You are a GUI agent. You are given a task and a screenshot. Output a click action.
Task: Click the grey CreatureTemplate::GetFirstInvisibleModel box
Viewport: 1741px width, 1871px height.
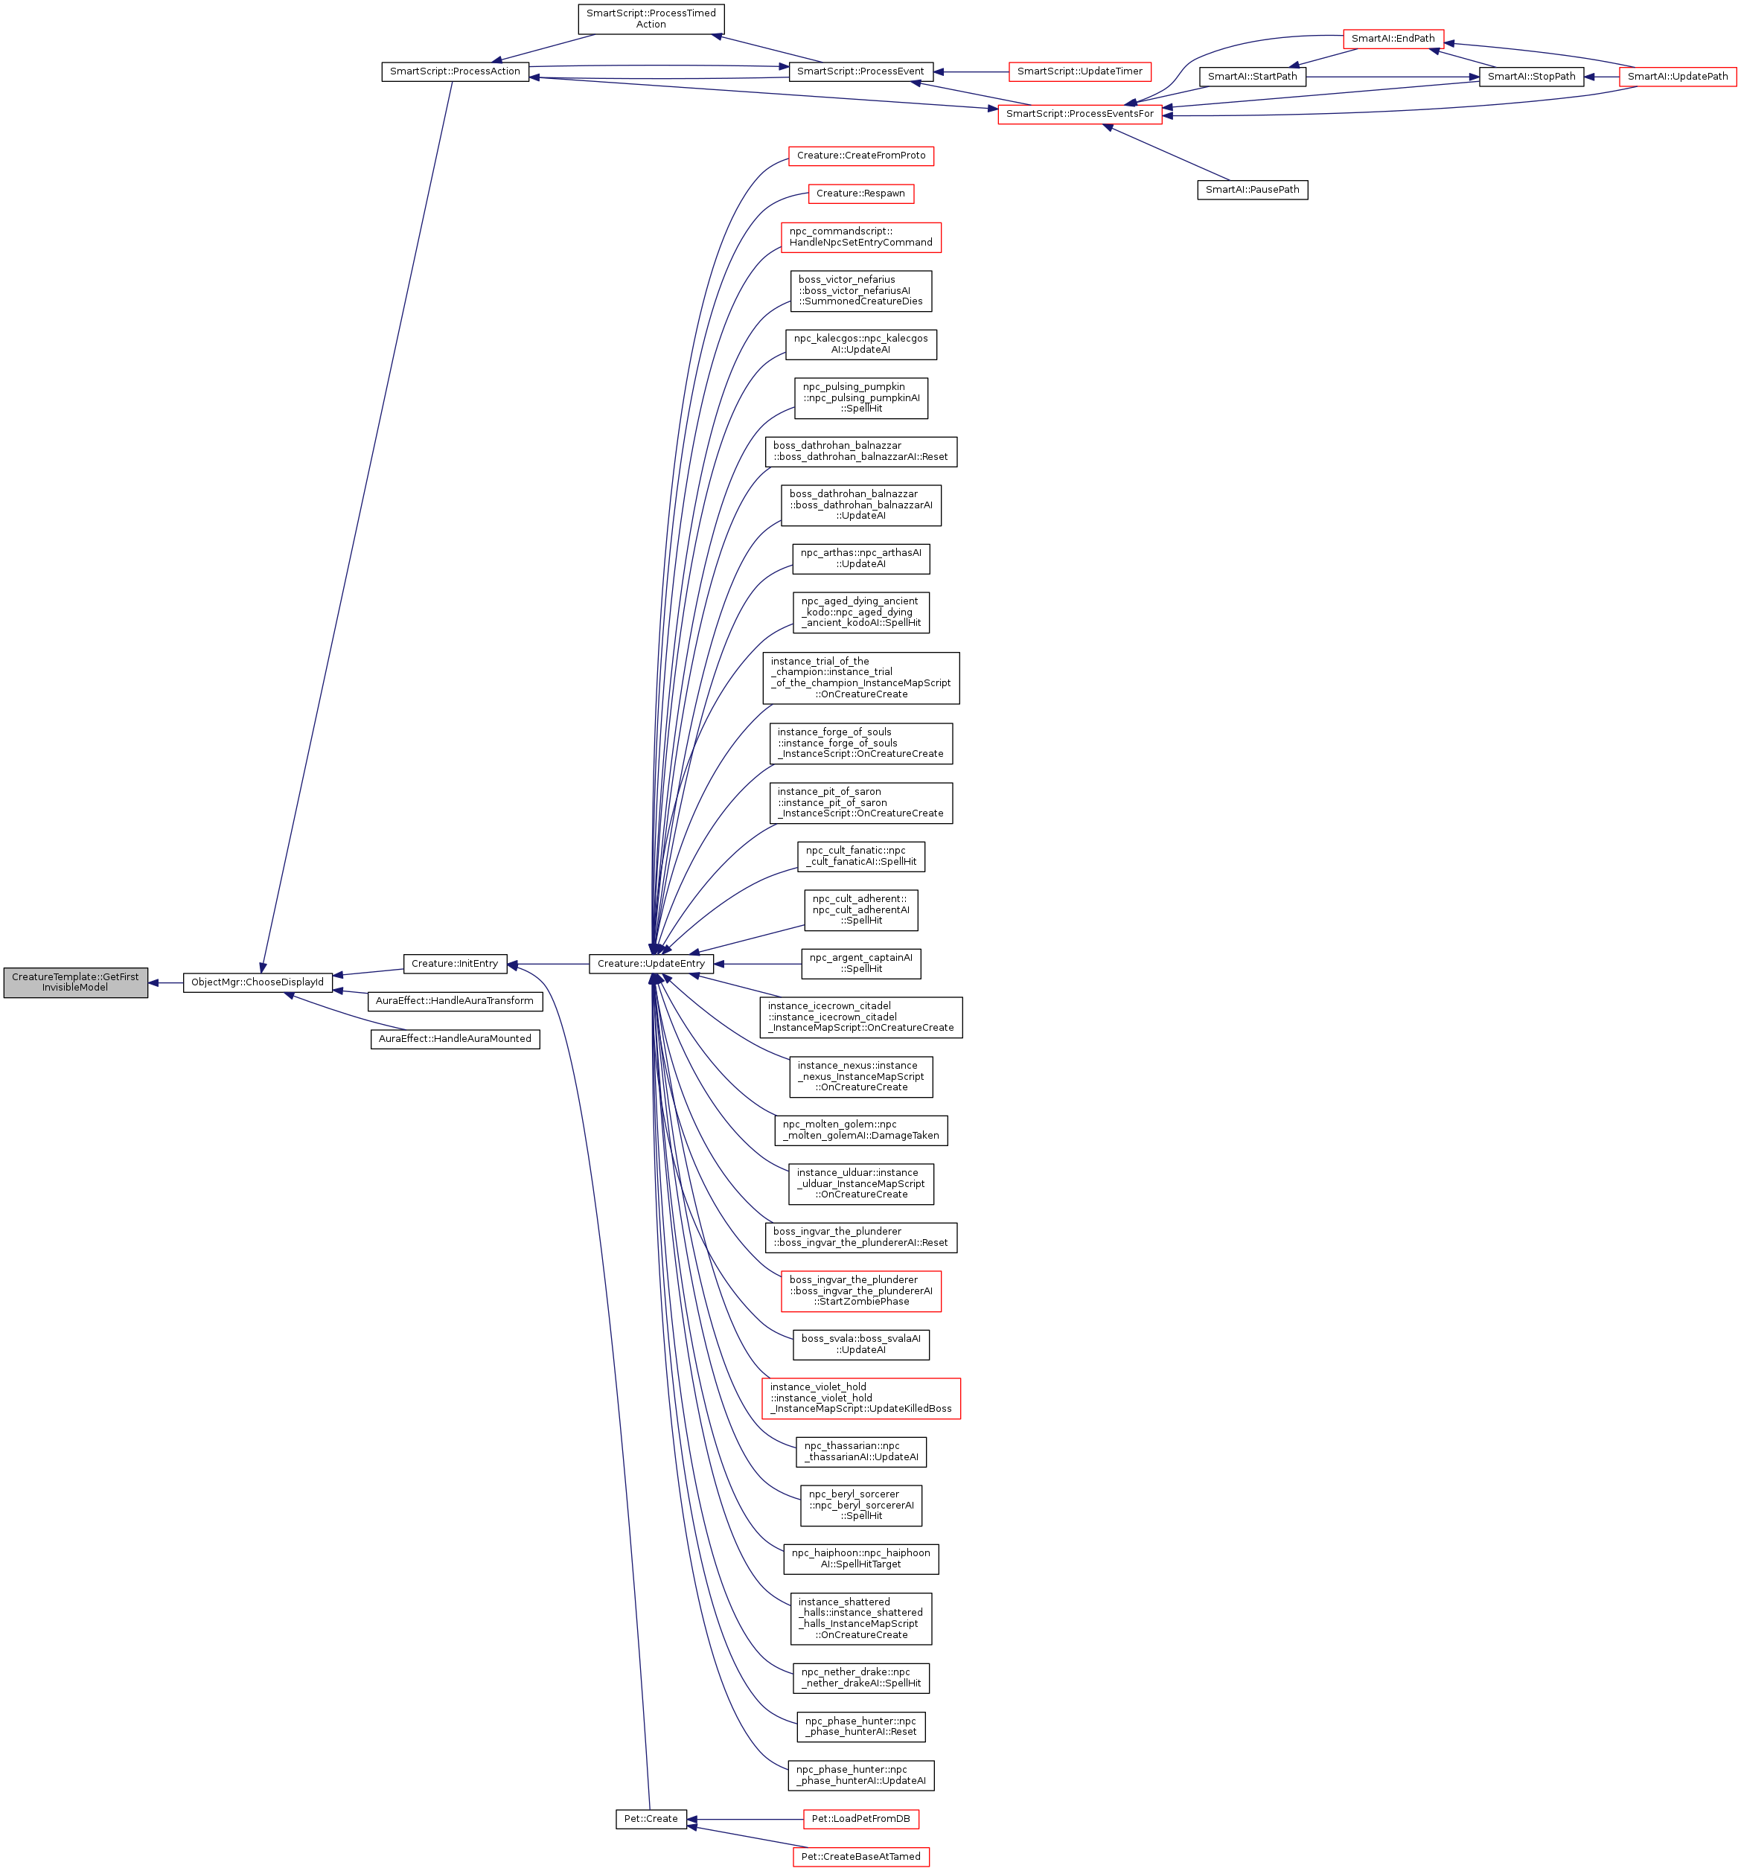75,982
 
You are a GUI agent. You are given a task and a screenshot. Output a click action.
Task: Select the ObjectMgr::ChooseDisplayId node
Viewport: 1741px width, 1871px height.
258,982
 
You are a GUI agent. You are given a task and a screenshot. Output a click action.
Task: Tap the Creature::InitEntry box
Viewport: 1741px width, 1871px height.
455,963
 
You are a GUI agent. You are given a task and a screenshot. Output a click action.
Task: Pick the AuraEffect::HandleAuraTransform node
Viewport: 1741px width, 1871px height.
455,1000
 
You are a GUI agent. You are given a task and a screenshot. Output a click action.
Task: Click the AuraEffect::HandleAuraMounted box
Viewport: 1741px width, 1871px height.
455,1038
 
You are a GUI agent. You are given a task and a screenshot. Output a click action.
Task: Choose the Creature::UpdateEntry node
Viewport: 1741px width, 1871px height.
651,963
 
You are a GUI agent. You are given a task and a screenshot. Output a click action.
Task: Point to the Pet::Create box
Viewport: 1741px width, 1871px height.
651,1818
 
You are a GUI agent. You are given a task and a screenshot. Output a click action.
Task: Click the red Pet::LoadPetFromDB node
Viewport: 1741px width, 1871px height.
860,1818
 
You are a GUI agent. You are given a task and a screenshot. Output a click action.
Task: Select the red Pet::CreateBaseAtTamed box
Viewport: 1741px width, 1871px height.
860,1856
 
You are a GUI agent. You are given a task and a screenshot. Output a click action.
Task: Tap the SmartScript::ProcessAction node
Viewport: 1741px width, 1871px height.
455,71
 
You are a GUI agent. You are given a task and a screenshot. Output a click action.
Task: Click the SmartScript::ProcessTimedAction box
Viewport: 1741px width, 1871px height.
651,19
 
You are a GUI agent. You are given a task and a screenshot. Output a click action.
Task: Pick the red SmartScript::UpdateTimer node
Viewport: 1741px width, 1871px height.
1079,71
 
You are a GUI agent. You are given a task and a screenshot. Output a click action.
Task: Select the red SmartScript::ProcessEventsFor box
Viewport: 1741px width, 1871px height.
1079,114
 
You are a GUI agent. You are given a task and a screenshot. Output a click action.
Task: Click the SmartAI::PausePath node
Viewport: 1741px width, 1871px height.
1252,189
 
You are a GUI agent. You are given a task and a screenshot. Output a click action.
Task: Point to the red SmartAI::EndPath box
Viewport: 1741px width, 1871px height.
1393,39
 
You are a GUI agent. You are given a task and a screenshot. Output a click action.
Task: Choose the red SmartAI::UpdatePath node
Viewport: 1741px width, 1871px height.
1677,76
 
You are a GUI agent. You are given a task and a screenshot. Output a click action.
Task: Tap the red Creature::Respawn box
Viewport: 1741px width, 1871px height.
860,193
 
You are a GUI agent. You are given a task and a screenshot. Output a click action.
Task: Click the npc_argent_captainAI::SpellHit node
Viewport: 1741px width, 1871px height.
860,963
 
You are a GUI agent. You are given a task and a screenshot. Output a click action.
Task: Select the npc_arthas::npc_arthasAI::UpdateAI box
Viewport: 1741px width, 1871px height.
860,558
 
